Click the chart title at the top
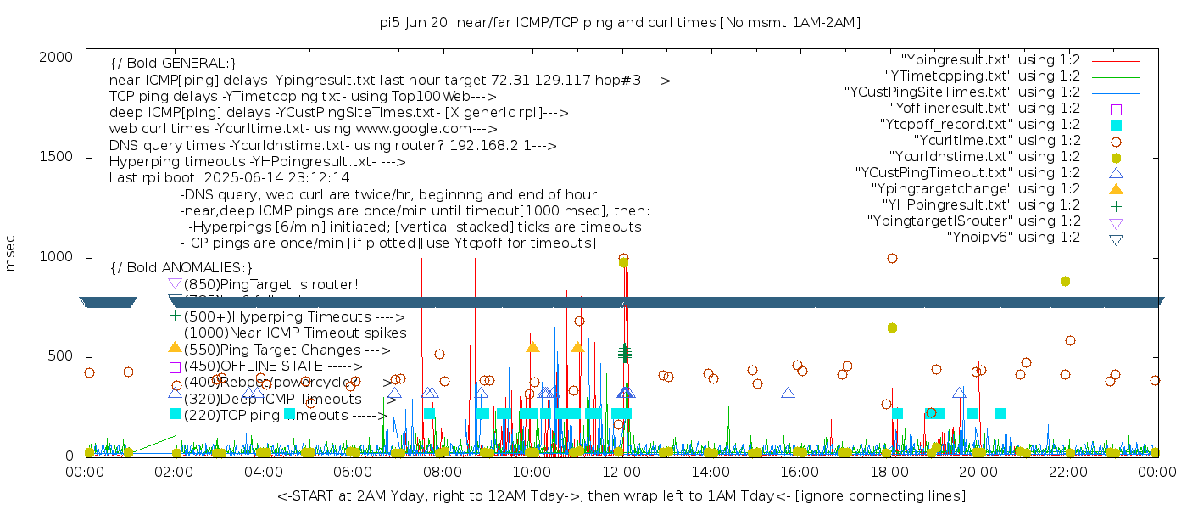[620, 23]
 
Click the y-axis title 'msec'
[11, 253]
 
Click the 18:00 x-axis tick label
[890, 472]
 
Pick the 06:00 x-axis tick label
[354, 472]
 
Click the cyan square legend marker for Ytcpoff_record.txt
[1116, 126]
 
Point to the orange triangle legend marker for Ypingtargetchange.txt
[1116, 189]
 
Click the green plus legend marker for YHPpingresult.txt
[1116, 205]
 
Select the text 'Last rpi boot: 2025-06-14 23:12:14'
[229, 178]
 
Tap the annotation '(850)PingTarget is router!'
[270, 284]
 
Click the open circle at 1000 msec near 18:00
[892, 258]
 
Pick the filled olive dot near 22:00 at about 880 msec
[1065, 281]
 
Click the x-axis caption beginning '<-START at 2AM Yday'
[621, 495]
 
